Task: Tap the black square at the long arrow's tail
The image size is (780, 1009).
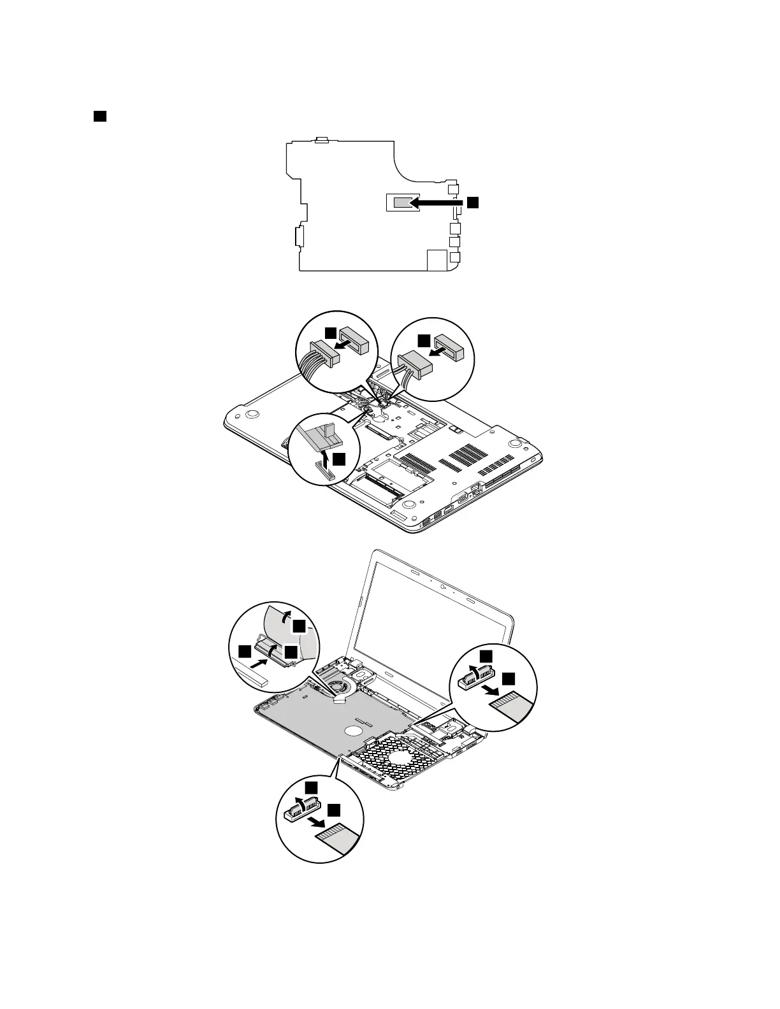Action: point(472,202)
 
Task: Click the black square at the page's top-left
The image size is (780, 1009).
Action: point(99,116)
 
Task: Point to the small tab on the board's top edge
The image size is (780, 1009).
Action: point(322,139)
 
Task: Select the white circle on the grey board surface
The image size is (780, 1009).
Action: point(352,730)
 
